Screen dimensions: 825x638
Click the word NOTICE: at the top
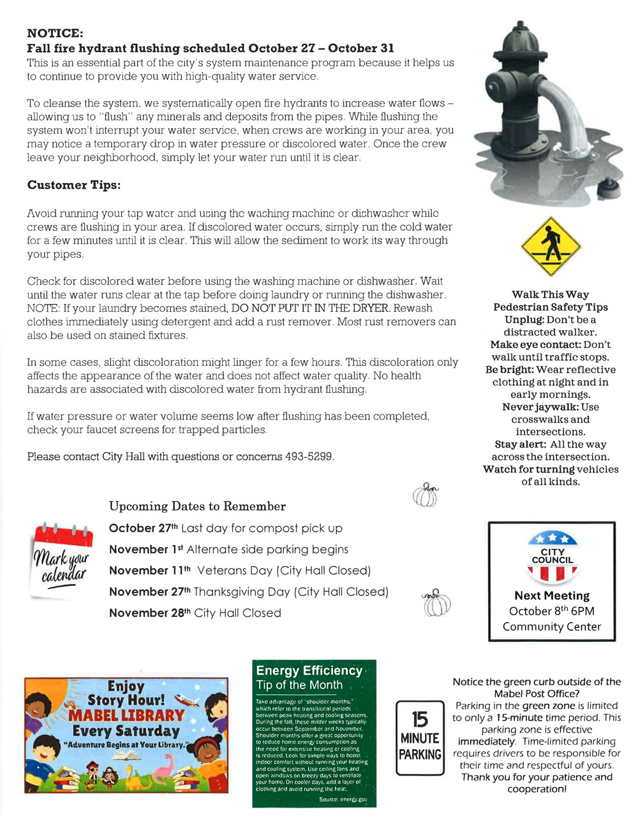[x=55, y=33]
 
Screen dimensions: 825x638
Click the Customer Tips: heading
[x=73, y=185]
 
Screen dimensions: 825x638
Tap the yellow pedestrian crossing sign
[x=551, y=246]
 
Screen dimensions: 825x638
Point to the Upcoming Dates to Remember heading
[x=197, y=506]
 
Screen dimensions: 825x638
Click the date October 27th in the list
[x=143, y=528]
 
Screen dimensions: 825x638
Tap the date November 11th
[x=150, y=571]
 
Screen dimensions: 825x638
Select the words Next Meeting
[x=552, y=595]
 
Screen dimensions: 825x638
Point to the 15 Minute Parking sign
[x=420, y=738]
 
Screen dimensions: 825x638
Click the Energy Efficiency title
[x=309, y=670]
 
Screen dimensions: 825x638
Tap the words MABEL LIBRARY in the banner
[x=126, y=715]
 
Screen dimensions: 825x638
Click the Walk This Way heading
[x=550, y=295]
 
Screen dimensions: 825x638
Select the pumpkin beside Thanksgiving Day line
[x=436, y=602]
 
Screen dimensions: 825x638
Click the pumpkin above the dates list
[x=426, y=494]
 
